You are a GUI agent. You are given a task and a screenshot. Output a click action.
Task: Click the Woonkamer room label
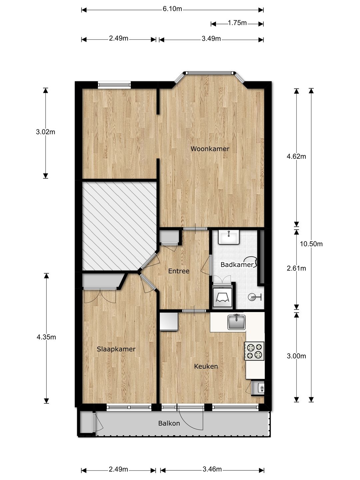[x=210, y=149]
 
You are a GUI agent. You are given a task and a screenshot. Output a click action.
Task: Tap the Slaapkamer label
[x=116, y=349]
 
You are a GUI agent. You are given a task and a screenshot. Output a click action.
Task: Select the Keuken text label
[x=206, y=366]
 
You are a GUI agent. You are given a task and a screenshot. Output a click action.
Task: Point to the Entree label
[x=179, y=271]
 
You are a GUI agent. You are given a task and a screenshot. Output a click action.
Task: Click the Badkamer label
[x=237, y=265]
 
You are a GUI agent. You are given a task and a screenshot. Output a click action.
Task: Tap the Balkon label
[x=169, y=423]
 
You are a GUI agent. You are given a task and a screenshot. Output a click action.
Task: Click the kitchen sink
[x=236, y=322]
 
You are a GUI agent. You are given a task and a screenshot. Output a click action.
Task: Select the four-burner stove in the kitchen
[x=254, y=351]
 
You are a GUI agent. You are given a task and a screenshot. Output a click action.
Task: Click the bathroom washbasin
[x=229, y=237]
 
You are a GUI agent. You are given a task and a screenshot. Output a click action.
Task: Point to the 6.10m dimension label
[x=172, y=9]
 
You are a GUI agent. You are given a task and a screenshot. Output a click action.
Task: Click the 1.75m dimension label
[x=237, y=23]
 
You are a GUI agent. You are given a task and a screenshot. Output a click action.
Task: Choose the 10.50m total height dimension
[x=311, y=244]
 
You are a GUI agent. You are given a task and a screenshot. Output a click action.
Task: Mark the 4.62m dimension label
[x=296, y=156]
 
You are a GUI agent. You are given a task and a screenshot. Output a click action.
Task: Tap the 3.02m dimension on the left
[x=46, y=132]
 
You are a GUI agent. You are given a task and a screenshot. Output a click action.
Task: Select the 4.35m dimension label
[x=46, y=337]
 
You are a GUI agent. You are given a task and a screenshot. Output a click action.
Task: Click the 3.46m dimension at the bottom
[x=212, y=469]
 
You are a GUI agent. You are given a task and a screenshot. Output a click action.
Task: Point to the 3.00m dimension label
[x=296, y=356]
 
